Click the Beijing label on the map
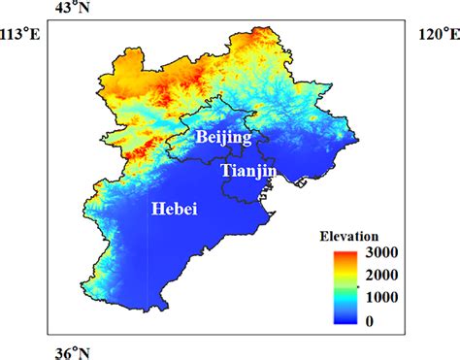(x=223, y=138)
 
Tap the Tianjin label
(x=250, y=171)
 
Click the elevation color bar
(x=340, y=285)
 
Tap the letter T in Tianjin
(x=226, y=171)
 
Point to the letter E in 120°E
(x=453, y=35)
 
